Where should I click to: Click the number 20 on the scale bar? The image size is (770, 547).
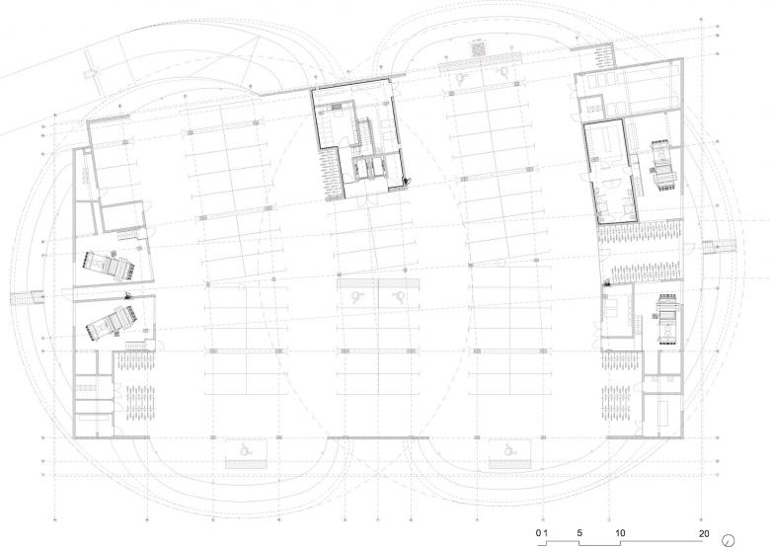[704, 533]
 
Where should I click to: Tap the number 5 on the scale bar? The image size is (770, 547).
[579, 533]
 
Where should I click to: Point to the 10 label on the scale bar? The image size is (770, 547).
[620, 533]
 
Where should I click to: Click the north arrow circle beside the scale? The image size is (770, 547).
[729, 539]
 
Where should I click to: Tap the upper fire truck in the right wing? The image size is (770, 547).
[664, 166]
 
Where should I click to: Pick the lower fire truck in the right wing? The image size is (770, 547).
[667, 321]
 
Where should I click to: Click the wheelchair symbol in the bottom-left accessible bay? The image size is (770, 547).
[245, 448]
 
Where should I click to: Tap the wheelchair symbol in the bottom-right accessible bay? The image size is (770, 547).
[508, 448]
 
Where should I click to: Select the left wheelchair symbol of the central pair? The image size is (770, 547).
[357, 295]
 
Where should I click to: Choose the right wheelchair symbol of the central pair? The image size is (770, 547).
[398, 295]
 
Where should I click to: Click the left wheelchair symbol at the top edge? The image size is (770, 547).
[460, 77]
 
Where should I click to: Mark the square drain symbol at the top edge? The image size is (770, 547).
[478, 49]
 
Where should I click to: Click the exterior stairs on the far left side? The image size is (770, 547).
[27, 297]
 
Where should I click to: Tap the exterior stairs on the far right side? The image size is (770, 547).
[720, 247]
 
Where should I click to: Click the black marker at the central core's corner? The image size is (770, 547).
[406, 182]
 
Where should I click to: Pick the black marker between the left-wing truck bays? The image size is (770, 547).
[127, 295]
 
